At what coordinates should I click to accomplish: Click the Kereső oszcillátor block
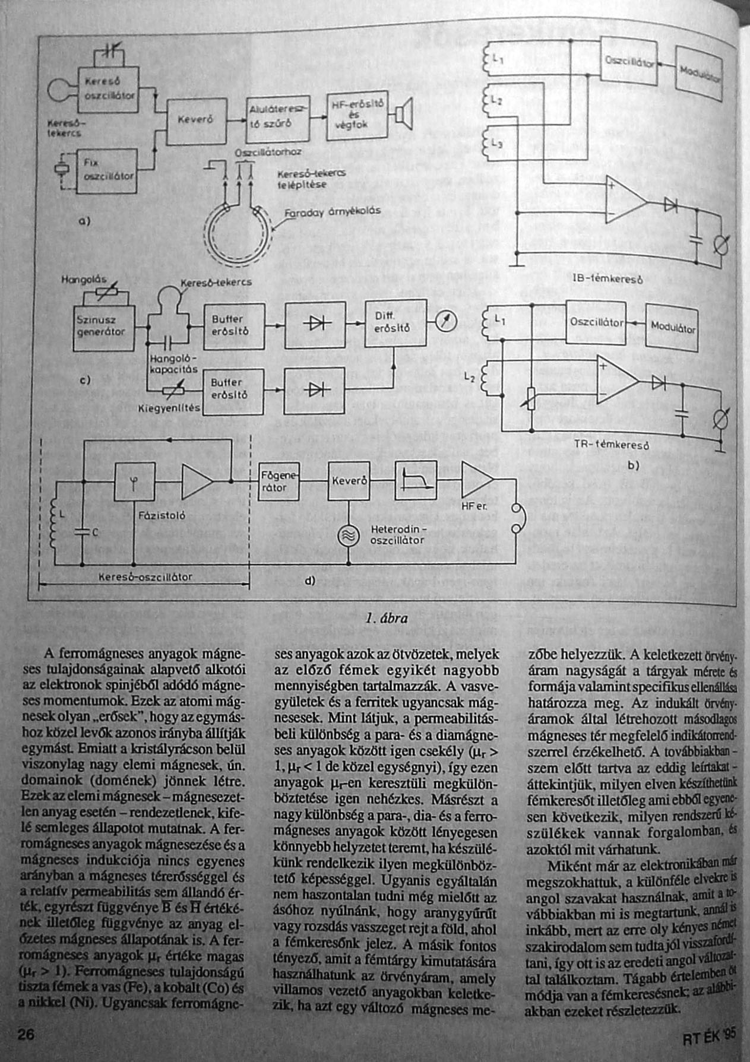(x=109, y=89)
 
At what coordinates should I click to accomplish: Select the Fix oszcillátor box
(x=107, y=170)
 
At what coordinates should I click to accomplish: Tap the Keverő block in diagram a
(x=196, y=121)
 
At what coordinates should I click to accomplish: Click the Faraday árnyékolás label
(x=332, y=211)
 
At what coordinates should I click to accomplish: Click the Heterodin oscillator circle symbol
(x=348, y=536)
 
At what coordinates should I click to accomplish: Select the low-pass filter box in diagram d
(x=416, y=480)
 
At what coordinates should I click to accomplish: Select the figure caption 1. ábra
(x=387, y=618)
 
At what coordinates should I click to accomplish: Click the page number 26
(x=27, y=1034)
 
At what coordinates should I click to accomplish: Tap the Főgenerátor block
(x=279, y=481)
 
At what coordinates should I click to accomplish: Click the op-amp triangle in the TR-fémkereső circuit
(x=618, y=381)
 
